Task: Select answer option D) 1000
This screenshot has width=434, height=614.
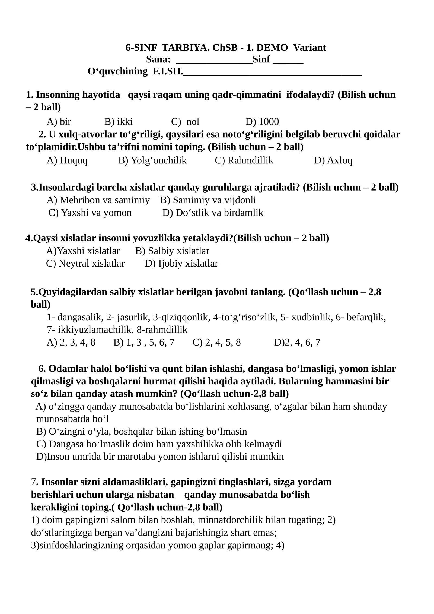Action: point(262,122)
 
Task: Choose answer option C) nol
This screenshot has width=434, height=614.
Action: point(185,122)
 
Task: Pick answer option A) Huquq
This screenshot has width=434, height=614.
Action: point(67,160)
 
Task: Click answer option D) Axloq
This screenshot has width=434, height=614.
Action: point(333,160)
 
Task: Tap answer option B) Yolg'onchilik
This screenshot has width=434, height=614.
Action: point(152,160)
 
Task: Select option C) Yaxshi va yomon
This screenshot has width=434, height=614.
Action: point(90,213)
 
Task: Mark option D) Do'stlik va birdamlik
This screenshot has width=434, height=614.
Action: point(213,213)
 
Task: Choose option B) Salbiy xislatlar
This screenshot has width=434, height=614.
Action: point(172,251)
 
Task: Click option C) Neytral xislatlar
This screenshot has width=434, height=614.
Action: point(85,263)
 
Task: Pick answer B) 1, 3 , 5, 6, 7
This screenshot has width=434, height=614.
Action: point(144,342)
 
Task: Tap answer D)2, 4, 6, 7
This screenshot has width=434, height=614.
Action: point(297,342)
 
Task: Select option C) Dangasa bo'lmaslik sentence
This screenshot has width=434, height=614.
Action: point(159,444)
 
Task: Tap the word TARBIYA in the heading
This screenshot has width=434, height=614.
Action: point(186,48)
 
